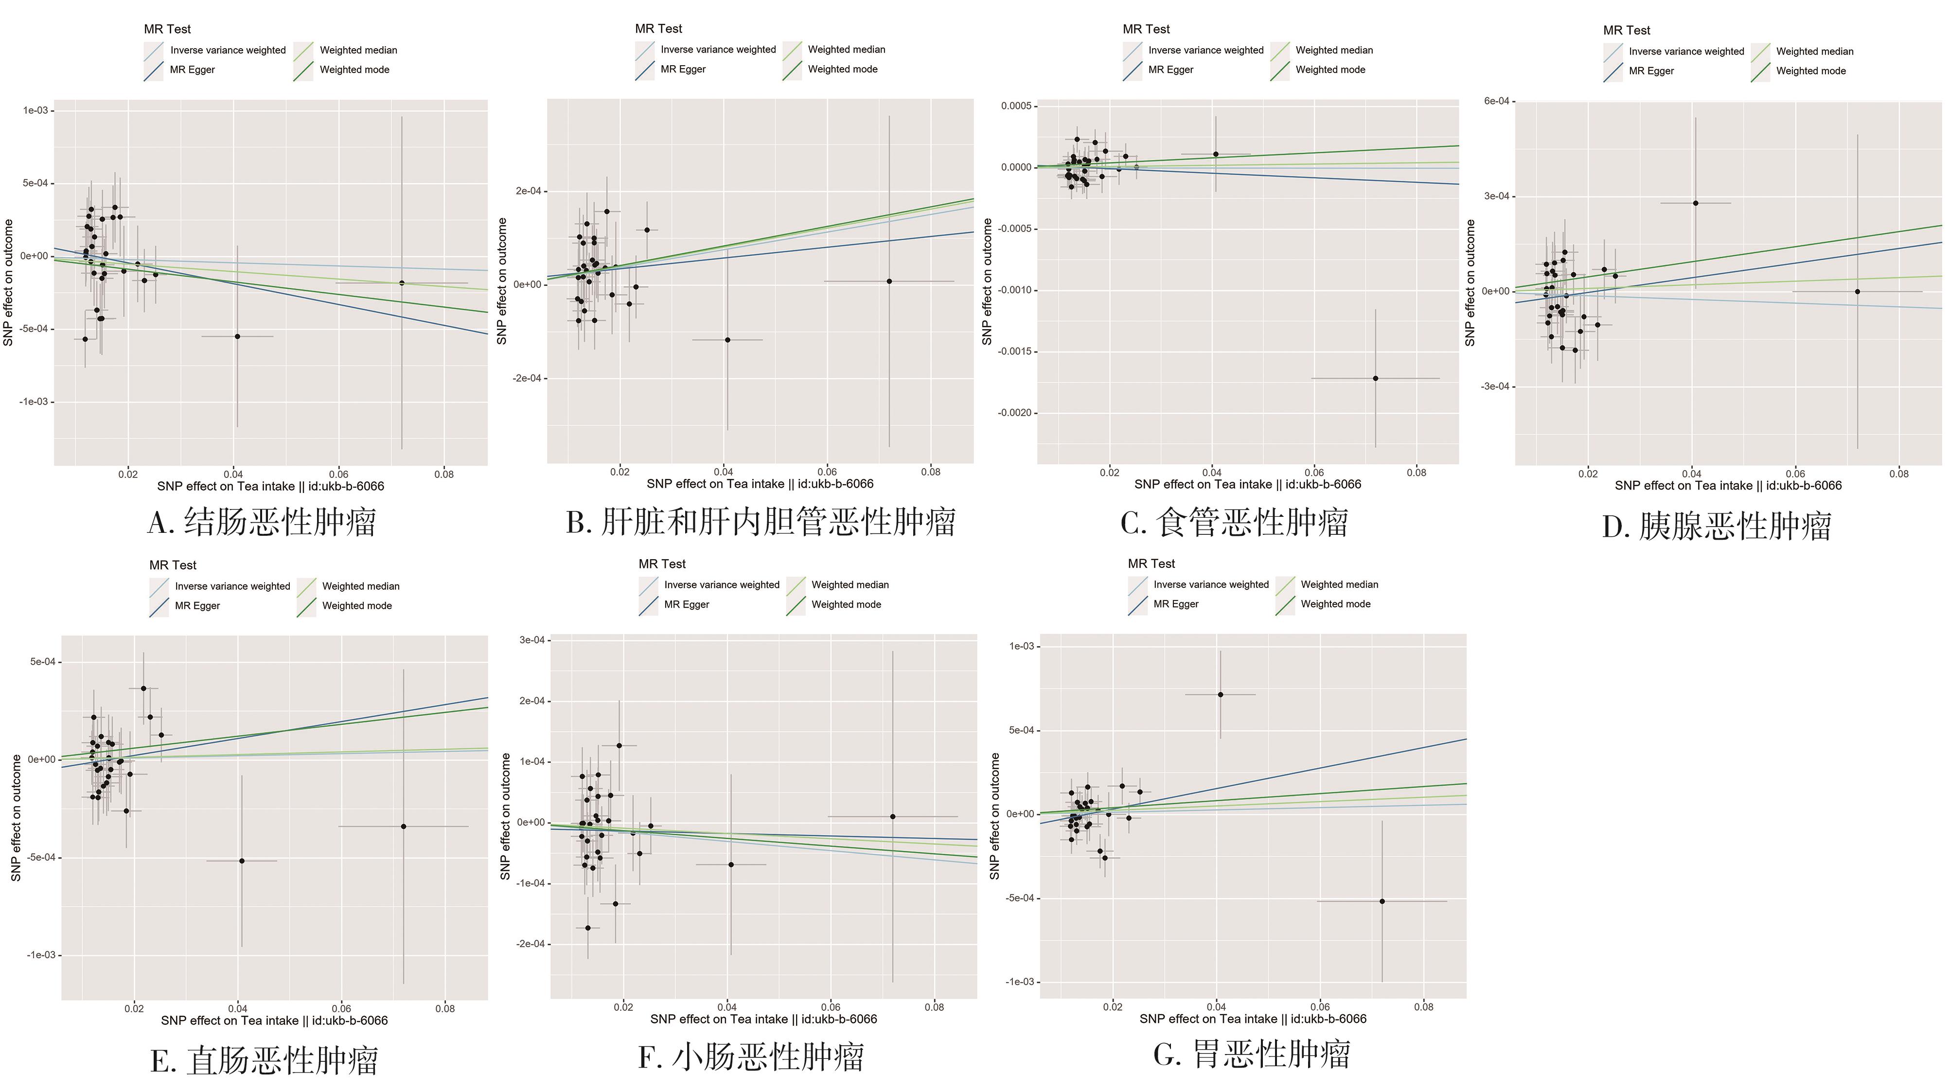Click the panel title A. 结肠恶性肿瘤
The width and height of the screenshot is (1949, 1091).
tap(262, 522)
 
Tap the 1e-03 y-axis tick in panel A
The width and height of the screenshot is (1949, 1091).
tap(35, 110)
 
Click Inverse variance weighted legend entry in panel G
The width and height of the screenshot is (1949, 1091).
tap(1210, 584)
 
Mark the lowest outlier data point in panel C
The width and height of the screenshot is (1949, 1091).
tap(1376, 378)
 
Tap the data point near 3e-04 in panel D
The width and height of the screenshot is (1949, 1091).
tap(1696, 203)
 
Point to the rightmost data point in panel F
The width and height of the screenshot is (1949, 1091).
tap(893, 816)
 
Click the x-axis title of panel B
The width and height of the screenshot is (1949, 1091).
tap(760, 484)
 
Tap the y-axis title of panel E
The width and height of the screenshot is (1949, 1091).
tap(16, 817)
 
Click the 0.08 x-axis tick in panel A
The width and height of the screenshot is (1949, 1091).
tap(444, 475)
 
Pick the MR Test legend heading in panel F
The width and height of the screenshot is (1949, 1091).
tap(661, 563)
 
